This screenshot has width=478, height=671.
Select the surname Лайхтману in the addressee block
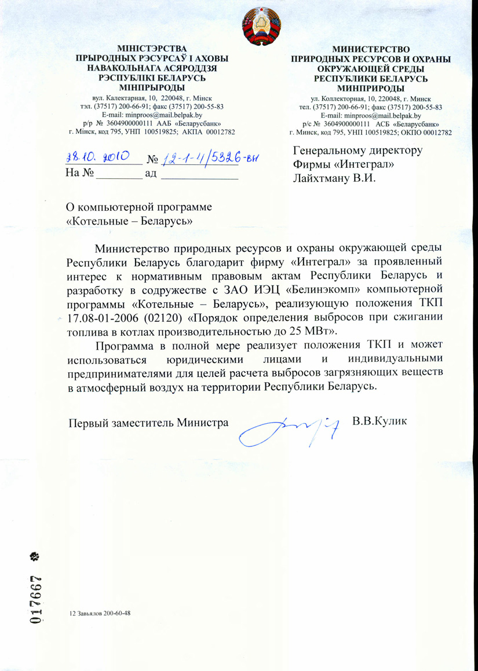pos(322,178)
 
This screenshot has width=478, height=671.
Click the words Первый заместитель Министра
pos(147,423)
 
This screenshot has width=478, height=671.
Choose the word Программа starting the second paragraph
pos(127,346)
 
